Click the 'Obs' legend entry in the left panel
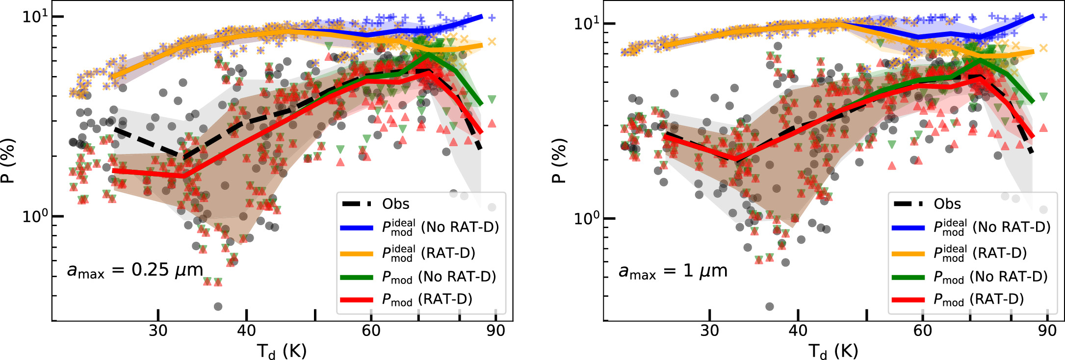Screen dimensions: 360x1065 coord(395,204)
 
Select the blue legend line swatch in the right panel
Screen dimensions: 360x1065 coord(908,228)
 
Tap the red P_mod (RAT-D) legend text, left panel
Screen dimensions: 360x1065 coord(427,299)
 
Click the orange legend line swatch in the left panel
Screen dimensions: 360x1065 coord(357,254)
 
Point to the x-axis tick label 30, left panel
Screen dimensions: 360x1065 coord(158,331)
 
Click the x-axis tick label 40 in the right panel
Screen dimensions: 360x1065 coord(798,331)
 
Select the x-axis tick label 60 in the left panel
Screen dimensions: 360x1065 coord(371,331)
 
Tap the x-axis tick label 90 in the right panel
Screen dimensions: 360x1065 coord(1047,331)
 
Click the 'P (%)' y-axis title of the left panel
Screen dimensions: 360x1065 coord(8,160)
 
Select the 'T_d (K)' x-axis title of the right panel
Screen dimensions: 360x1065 coord(833,351)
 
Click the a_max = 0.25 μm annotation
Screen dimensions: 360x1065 coord(135,270)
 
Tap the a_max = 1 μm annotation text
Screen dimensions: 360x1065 coord(673,271)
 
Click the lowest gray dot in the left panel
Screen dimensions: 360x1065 coord(218,307)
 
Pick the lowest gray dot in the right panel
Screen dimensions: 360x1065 coord(769,307)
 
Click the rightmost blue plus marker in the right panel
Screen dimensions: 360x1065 coord(1043,17)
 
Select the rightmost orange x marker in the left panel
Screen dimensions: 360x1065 coord(492,42)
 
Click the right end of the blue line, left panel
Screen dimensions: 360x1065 coord(482,17)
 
